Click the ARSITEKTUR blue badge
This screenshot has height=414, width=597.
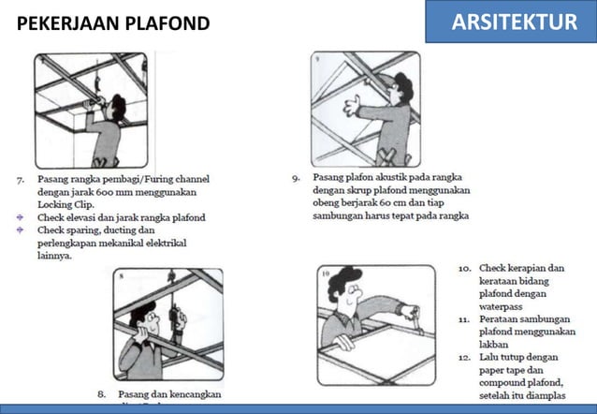pos(514,22)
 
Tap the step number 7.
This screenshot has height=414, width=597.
pos(20,177)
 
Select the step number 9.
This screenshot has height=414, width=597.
pos(295,176)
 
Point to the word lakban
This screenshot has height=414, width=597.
pos(496,345)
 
